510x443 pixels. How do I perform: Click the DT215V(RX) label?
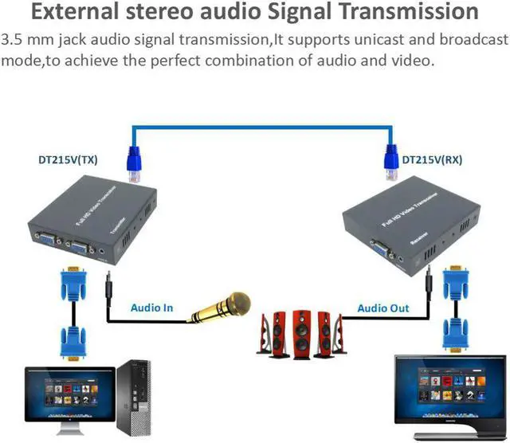pos(432,159)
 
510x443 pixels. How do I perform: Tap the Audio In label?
pos(152,308)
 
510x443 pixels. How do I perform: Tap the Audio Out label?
pos(383,308)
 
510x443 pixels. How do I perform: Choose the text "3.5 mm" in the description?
pos(25,40)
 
